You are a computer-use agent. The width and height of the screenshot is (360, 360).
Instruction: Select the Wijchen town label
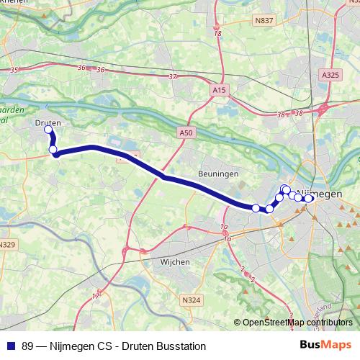(x=174, y=262)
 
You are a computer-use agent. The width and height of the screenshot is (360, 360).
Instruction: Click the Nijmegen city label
(x=318, y=194)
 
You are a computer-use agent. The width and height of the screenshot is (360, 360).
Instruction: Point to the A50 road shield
(x=186, y=133)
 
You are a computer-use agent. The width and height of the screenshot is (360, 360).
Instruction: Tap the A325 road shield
(x=330, y=75)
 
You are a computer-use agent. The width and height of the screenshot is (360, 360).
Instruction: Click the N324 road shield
(x=192, y=300)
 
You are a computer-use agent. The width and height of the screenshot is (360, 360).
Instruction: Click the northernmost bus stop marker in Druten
(x=49, y=130)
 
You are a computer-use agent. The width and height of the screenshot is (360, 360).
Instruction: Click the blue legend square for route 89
(x=12, y=346)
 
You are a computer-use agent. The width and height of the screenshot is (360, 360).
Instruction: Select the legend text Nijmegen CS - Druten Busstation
(x=114, y=346)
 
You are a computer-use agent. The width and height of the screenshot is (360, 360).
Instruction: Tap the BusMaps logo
(x=332, y=346)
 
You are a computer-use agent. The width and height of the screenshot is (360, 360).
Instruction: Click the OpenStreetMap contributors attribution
(x=297, y=323)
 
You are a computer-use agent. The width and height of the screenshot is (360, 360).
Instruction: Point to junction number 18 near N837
(x=217, y=34)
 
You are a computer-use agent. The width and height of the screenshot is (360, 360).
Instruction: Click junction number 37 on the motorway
(x=171, y=76)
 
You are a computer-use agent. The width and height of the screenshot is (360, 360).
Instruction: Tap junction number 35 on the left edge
(x=14, y=70)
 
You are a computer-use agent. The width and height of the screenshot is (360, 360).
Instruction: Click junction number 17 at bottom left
(x=96, y=296)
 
